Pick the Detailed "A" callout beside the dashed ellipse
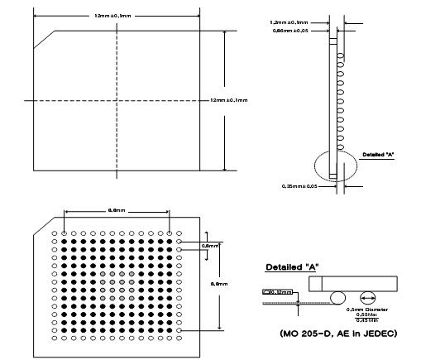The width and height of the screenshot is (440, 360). tap(381, 154)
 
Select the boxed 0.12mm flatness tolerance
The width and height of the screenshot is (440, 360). tap(277, 291)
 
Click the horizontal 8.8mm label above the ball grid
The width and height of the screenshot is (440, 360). tap(117, 211)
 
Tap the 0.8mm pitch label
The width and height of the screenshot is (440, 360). tap(211, 245)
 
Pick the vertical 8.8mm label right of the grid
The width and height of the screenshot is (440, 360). tap(220, 283)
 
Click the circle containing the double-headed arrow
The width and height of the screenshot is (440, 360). tap(367, 297)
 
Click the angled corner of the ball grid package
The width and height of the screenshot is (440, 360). tap(41, 229)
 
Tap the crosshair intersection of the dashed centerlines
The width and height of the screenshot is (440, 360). tap(117, 100)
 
